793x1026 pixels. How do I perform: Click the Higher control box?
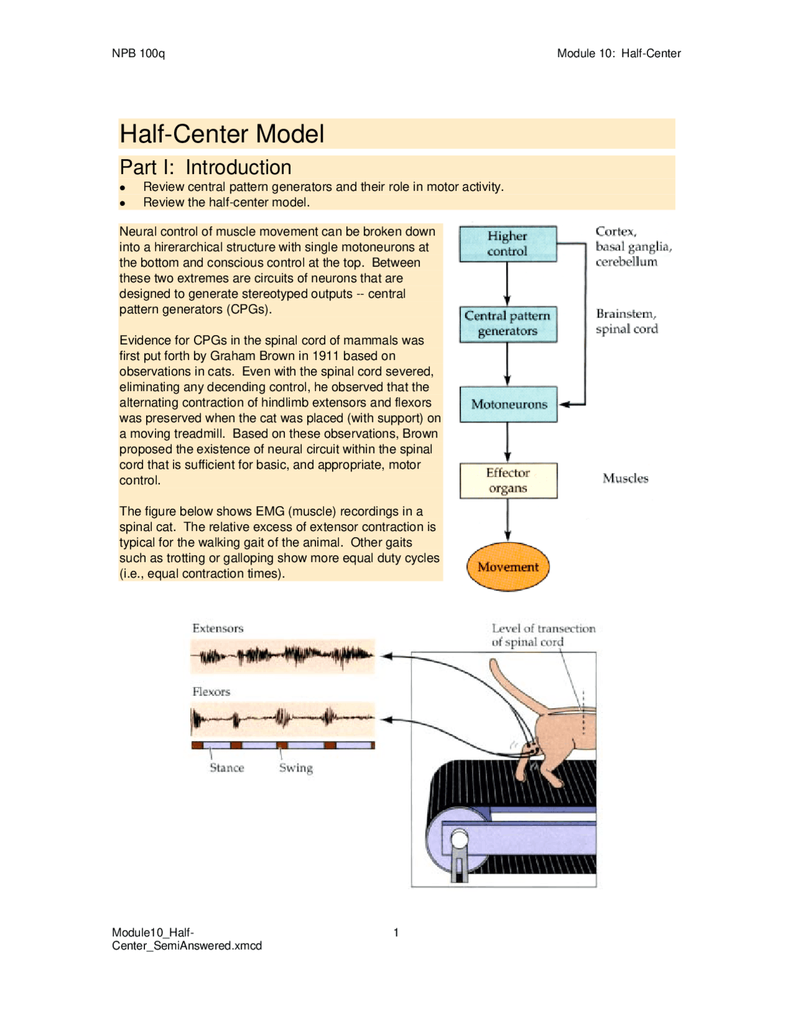(x=507, y=243)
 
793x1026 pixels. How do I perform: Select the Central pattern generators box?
(x=507, y=323)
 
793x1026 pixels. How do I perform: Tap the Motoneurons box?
(x=509, y=405)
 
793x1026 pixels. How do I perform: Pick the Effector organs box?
(x=508, y=480)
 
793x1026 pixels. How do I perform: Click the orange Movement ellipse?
(x=508, y=566)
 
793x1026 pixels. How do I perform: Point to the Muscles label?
(x=625, y=478)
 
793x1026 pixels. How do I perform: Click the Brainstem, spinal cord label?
(x=626, y=322)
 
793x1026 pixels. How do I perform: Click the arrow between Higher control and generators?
(x=507, y=284)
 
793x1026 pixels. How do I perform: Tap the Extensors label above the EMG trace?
(x=217, y=628)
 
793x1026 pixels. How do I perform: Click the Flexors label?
(x=211, y=691)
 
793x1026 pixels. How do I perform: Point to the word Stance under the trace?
(x=227, y=768)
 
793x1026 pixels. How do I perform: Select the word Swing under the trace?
(x=296, y=768)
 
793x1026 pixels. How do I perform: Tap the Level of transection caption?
(x=543, y=635)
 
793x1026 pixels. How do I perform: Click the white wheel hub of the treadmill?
(x=460, y=841)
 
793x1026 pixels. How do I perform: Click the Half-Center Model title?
(x=222, y=134)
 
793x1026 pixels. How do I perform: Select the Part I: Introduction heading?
(x=205, y=167)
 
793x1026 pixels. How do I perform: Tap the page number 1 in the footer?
(x=396, y=932)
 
